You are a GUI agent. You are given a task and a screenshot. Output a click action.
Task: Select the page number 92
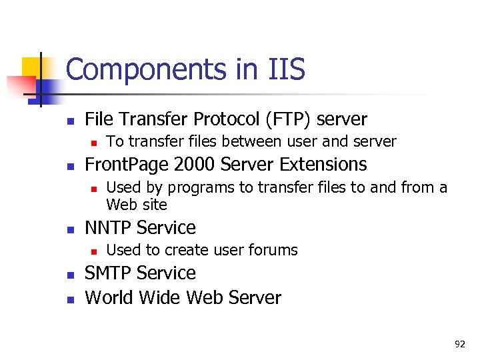[x=459, y=344]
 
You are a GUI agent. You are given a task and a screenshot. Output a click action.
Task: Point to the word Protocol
[x=226, y=119]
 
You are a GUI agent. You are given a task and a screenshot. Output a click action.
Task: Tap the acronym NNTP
[x=111, y=227]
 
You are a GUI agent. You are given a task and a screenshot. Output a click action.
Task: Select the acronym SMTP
[x=111, y=273]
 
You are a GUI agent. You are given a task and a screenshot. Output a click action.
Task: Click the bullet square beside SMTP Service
[x=69, y=275]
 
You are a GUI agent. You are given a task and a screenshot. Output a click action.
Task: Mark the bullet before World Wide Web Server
[x=69, y=299]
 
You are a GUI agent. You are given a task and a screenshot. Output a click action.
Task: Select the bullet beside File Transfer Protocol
[x=69, y=121]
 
